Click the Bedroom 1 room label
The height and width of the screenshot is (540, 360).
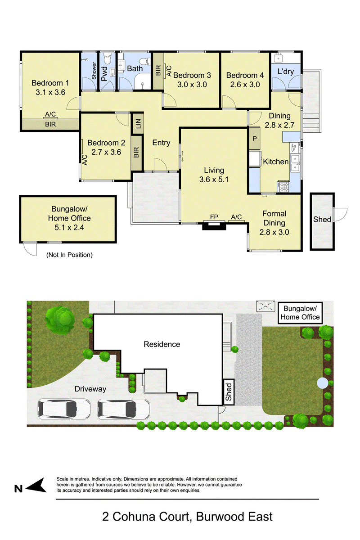[50, 83]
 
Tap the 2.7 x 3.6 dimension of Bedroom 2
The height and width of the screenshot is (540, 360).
[106, 152]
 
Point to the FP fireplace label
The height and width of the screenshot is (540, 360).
[214, 217]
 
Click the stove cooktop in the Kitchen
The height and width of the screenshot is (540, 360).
[283, 187]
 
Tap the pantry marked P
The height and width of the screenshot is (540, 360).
[254, 139]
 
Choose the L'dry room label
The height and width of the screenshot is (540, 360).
[286, 72]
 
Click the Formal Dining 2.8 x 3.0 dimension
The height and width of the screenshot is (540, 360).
[274, 232]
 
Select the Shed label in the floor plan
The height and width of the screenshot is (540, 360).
[322, 220]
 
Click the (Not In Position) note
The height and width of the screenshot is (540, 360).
[69, 255]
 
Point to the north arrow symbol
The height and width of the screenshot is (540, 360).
[36, 485]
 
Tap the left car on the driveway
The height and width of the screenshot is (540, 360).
[64, 409]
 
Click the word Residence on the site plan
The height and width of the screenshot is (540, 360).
[162, 344]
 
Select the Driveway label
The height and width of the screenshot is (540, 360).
[90, 389]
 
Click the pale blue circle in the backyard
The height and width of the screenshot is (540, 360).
[322, 383]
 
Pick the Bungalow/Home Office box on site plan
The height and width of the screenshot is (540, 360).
[300, 313]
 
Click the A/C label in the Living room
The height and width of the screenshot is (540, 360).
[236, 217]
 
